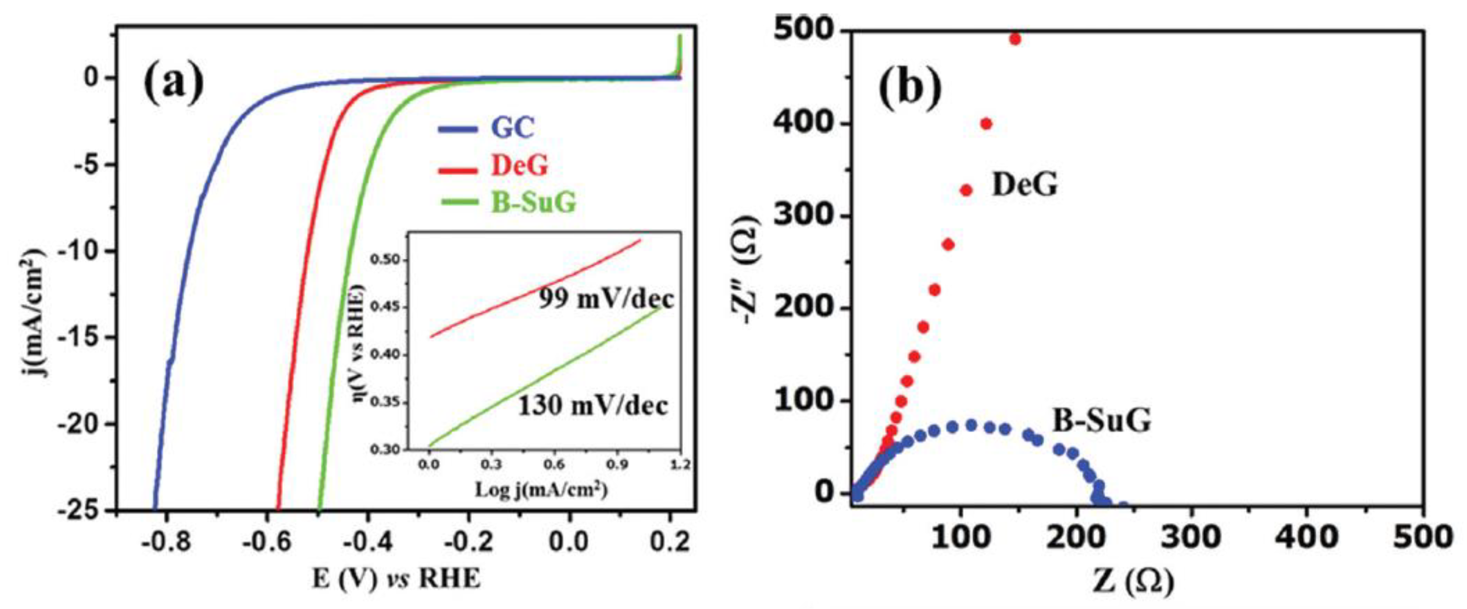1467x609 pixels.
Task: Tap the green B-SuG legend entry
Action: [534, 202]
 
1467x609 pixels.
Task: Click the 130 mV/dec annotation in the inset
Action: [592, 406]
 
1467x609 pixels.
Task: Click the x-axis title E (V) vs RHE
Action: [396, 579]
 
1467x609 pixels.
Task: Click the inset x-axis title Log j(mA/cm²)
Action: [541, 489]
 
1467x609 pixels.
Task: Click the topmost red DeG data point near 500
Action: [1014, 39]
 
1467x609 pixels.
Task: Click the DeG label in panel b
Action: [1025, 185]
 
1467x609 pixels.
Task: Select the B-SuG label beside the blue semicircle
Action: [1101, 421]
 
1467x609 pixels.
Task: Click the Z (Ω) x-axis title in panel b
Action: [1133, 582]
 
